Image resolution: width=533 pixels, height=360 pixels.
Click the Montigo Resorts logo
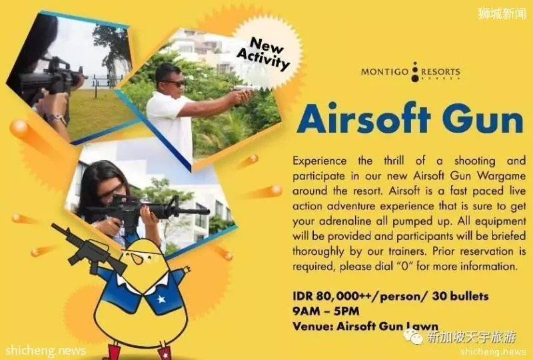click(410, 72)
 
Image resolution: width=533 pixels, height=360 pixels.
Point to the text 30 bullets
click(460, 296)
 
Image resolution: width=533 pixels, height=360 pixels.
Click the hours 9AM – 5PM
click(326, 311)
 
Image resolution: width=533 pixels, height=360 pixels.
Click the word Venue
click(312, 326)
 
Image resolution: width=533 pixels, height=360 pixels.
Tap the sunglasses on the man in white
click(174, 83)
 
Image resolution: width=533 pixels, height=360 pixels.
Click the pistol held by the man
click(243, 89)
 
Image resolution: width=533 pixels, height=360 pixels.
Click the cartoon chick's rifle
click(89, 249)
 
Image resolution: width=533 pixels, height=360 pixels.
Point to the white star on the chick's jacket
click(161, 299)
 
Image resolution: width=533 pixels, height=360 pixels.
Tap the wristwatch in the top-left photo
click(57, 119)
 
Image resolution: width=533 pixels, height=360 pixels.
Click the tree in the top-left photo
click(112, 47)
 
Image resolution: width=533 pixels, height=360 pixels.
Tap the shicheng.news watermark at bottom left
click(46, 351)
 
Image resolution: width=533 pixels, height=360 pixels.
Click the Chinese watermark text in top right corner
click(502, 13)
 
